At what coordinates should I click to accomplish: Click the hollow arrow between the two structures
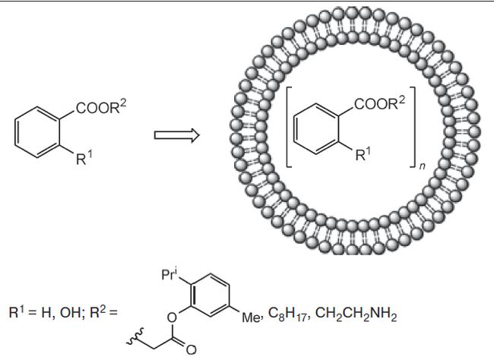point(176,135)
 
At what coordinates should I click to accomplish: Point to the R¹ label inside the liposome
point(364,156)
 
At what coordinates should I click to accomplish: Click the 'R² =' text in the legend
point(107,312)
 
